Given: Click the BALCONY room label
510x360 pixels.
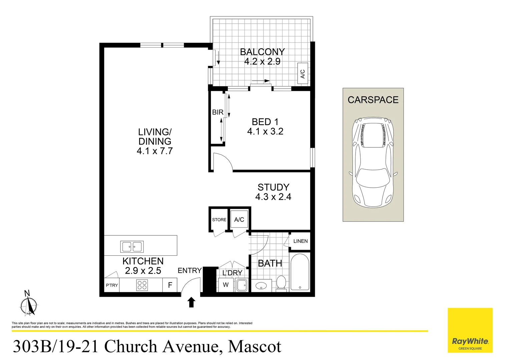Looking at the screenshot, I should pos(262,52).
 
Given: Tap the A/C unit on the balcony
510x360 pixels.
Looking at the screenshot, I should pos(303,74).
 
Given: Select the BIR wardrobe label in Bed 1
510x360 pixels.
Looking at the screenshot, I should pos(217,112).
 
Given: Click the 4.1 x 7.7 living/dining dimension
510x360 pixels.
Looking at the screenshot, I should pos(154,151).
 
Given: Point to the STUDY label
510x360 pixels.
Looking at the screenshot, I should pos(273,187).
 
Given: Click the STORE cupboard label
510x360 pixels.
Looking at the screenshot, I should pos(219,220).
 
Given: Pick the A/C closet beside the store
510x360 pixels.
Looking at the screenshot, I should pos(239,220).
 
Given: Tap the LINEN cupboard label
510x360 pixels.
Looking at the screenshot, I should pos(300,241).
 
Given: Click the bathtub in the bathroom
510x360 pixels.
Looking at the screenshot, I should pos(300,272).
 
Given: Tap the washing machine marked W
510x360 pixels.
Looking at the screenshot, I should pos(226,285).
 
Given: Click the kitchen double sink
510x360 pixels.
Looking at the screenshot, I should pos(132,247).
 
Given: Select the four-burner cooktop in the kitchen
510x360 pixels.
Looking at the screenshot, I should pos(142,285).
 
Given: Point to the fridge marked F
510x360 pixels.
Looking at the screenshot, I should pos(170,285).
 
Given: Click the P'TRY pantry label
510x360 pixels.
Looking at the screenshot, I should pos(112,285).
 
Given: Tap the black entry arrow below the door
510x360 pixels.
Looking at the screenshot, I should pos(191,302).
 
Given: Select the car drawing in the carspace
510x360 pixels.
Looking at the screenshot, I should pos(373,162).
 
